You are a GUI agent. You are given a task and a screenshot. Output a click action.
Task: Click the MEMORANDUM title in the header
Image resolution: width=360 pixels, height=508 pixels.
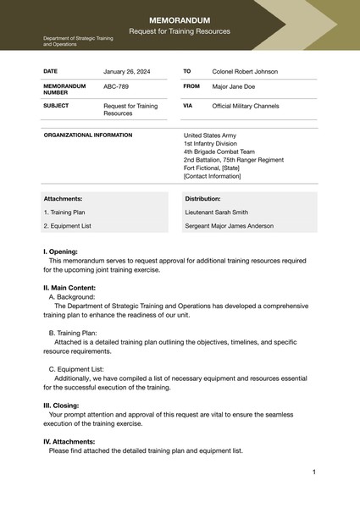coord(180,19)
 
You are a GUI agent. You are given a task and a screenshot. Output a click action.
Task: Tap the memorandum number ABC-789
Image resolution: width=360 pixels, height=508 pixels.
coord(116,86)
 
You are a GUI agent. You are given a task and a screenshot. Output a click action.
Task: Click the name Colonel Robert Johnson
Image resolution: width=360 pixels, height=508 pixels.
coord(245,72)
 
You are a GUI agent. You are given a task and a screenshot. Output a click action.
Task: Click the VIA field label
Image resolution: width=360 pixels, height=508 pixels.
coord(188,106)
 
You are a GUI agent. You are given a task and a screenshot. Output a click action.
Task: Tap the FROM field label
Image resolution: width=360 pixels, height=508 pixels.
coord(191,86)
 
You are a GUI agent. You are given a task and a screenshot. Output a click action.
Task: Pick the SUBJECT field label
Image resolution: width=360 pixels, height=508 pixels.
coord(56,106)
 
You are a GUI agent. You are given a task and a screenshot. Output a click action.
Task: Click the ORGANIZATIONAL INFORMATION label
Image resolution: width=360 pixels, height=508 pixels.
coord(87,135)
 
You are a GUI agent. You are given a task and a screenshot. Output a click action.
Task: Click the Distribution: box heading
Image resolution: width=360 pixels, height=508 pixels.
coord(202,198)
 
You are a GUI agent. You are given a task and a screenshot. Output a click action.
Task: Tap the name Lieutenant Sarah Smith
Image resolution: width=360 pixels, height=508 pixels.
coord(217,213)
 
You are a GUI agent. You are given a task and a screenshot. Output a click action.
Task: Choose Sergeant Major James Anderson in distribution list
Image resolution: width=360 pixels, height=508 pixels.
coord(230,226)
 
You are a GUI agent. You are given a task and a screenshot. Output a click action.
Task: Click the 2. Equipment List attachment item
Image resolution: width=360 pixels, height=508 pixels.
coord(67,226)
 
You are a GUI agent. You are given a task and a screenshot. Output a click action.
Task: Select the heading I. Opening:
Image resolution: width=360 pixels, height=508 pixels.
coord(60,251)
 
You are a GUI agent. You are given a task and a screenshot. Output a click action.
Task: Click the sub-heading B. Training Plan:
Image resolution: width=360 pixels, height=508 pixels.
coord(73,333)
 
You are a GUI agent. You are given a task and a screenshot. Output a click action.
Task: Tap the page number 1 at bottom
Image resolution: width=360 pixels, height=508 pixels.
coord(313,472)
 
